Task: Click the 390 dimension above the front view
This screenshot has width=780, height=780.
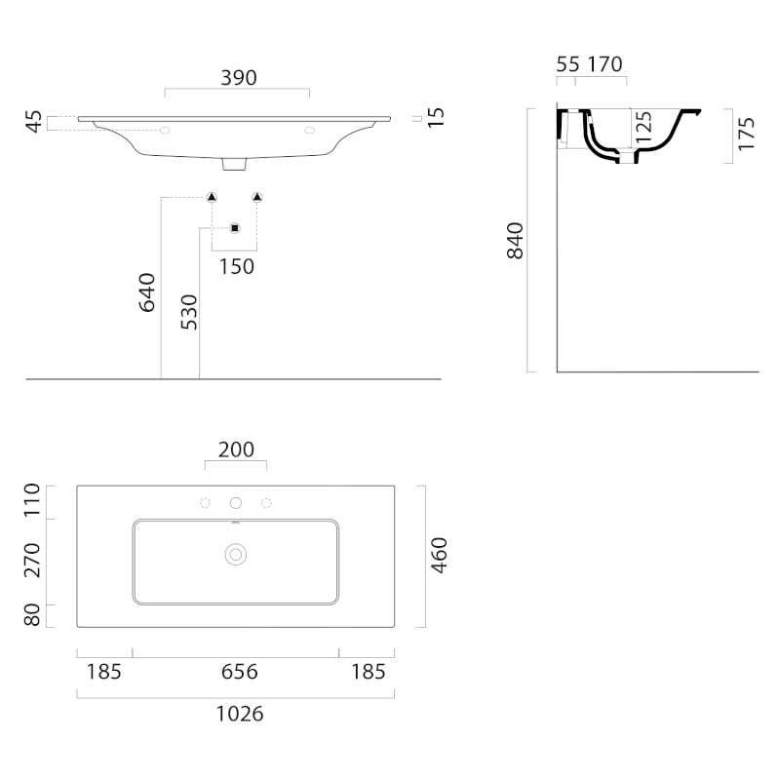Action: pyautogui.click(x=238, y=78)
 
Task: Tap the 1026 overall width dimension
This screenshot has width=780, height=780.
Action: pyautogui.click(x=239, y=714)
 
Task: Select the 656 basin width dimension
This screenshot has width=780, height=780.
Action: pyautogui.click(x=239, y=672)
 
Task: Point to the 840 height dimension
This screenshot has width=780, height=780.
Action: pyautogui.click(x=516, y=241)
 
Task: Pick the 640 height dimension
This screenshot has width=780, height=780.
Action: pyautogui.click(x=147, y=292)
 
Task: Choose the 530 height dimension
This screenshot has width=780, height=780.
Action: pyautogui.click(x=189, y=312)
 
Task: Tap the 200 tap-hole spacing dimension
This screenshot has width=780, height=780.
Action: pyautogui.click(x=235, y=449)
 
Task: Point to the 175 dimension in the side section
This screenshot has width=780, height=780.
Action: pyautogui.click(x=746, y=134)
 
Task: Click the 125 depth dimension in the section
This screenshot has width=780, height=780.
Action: pyautogui.click(x=643, y=128)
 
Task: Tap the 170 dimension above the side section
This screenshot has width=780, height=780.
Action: pyautogui.click(x=604, y=64)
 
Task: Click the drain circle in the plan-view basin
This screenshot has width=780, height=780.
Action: pyautogui.click(x=235, y=555)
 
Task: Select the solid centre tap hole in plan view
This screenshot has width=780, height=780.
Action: pyautogui.click(x=235, y=503)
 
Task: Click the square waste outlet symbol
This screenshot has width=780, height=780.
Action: pyautogui.click(x=234, y=228)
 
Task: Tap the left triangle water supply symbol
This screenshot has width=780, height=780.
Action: pyautogui.click(x=212, y=198)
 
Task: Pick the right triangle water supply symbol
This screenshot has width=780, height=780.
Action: pyautogui.click(x=257, y=198)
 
